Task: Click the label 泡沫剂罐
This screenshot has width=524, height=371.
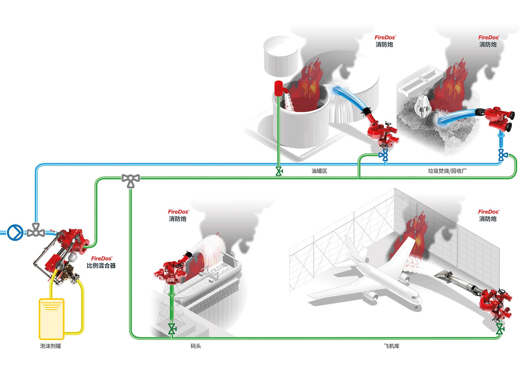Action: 50,346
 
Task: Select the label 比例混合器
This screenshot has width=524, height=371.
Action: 101,266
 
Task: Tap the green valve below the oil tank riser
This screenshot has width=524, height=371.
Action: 279,171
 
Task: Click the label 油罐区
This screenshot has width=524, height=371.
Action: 319,171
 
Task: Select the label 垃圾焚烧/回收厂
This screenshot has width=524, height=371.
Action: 447,171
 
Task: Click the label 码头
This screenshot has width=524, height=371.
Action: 196,346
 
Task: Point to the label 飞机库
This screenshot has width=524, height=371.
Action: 391,346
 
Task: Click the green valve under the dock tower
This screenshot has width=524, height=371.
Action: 172,329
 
